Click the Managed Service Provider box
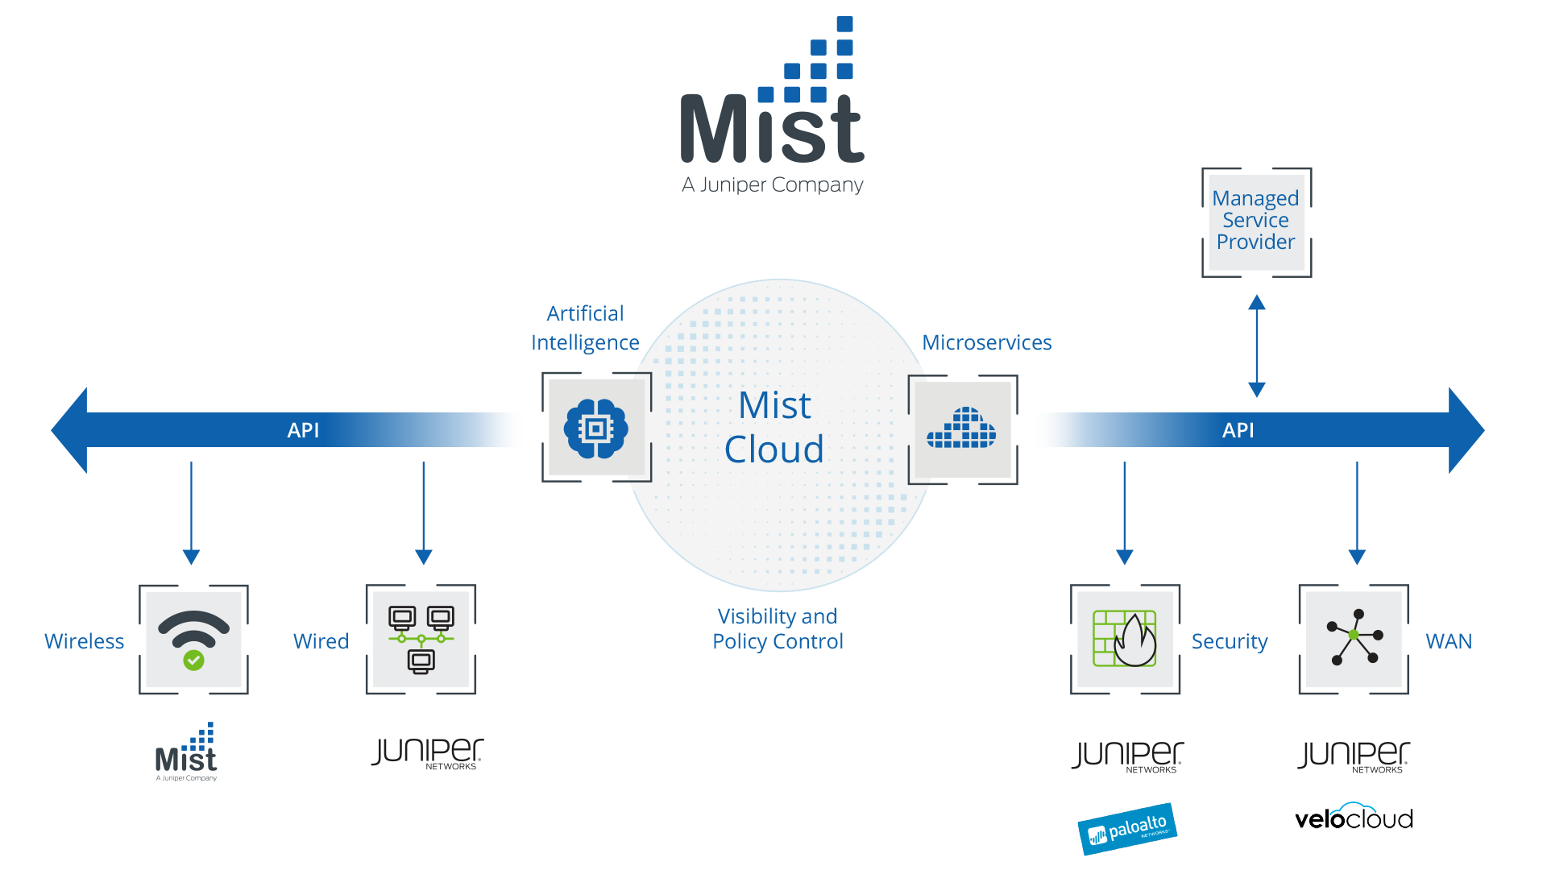[1255, 221]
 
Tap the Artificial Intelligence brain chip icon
[596, 429]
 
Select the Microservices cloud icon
[962, 429]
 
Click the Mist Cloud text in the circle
[774, 427]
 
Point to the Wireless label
[84, 641]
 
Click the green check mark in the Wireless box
[193, 661]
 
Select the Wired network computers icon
[421, 640]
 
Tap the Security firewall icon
[1125, 639]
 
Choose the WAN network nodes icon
[1354, 637]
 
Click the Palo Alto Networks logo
[1127, 829]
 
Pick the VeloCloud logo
[1354, 818]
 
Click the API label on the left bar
[303, 430]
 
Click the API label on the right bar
[1238, 430]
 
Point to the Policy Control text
[778, 641]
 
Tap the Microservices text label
[986, 342]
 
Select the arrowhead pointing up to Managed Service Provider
[1256, 304]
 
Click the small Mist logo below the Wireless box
[187, 754]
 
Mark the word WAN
[1448, 641]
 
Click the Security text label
[1229, 641]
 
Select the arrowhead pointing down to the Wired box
[423, 557]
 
